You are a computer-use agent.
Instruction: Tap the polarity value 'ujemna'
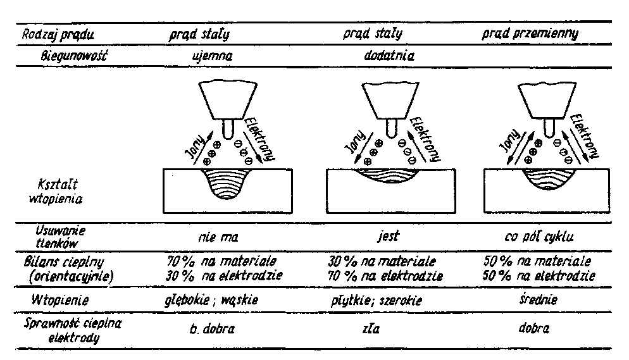(x=212, y=55)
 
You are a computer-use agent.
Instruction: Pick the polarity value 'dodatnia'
(x=389, y=55)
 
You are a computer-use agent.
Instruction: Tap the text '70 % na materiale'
(x=220, y=261)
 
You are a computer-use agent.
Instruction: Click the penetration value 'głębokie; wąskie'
(x=220, y=301)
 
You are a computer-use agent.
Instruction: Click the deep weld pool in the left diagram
(x=225, y=183)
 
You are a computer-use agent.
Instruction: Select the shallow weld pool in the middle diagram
(x=388, y=177)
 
